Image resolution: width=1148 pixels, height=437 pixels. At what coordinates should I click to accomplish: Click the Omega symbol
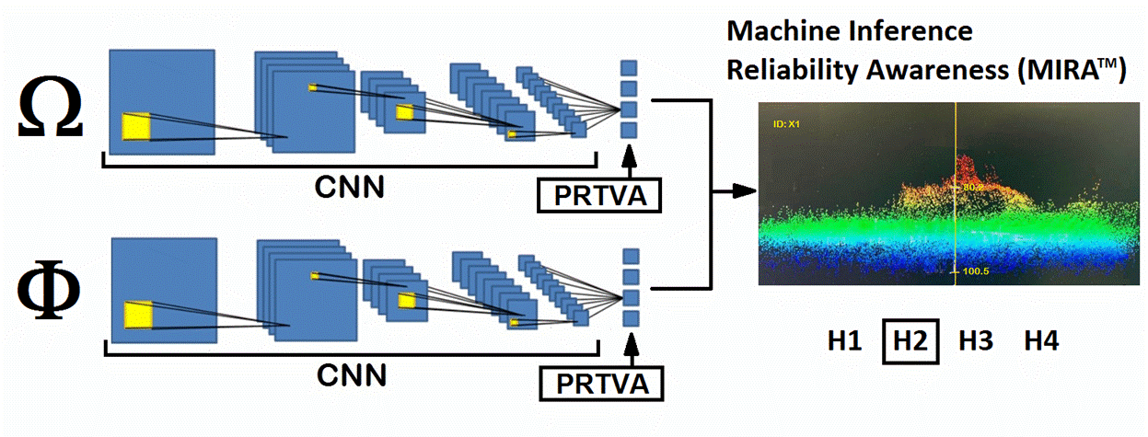(x=51, y=112)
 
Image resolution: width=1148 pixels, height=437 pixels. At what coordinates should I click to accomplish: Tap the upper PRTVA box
(x=599, y=195)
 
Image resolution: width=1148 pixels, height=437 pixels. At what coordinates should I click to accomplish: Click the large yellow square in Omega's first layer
(x=136, y=126)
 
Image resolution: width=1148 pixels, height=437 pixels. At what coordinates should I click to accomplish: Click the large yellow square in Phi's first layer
(x=138, y=314)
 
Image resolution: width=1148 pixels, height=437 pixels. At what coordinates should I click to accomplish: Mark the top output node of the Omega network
(x=629, y=67)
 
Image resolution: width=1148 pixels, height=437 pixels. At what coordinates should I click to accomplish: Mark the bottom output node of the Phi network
(x=631, y=318)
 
